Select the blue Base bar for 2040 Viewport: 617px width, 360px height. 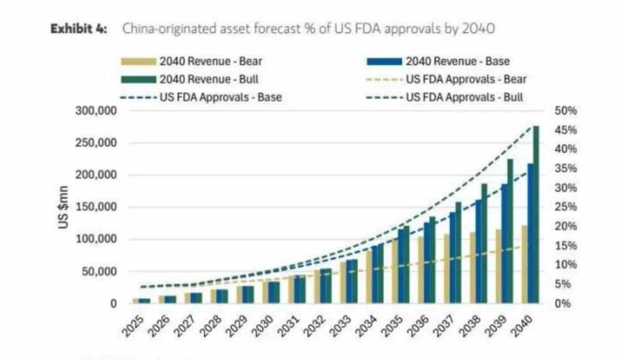(x=530, y=234)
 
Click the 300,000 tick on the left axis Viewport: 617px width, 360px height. (x=96, y=110)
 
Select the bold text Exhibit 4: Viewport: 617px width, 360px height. (x=81, y=29)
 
